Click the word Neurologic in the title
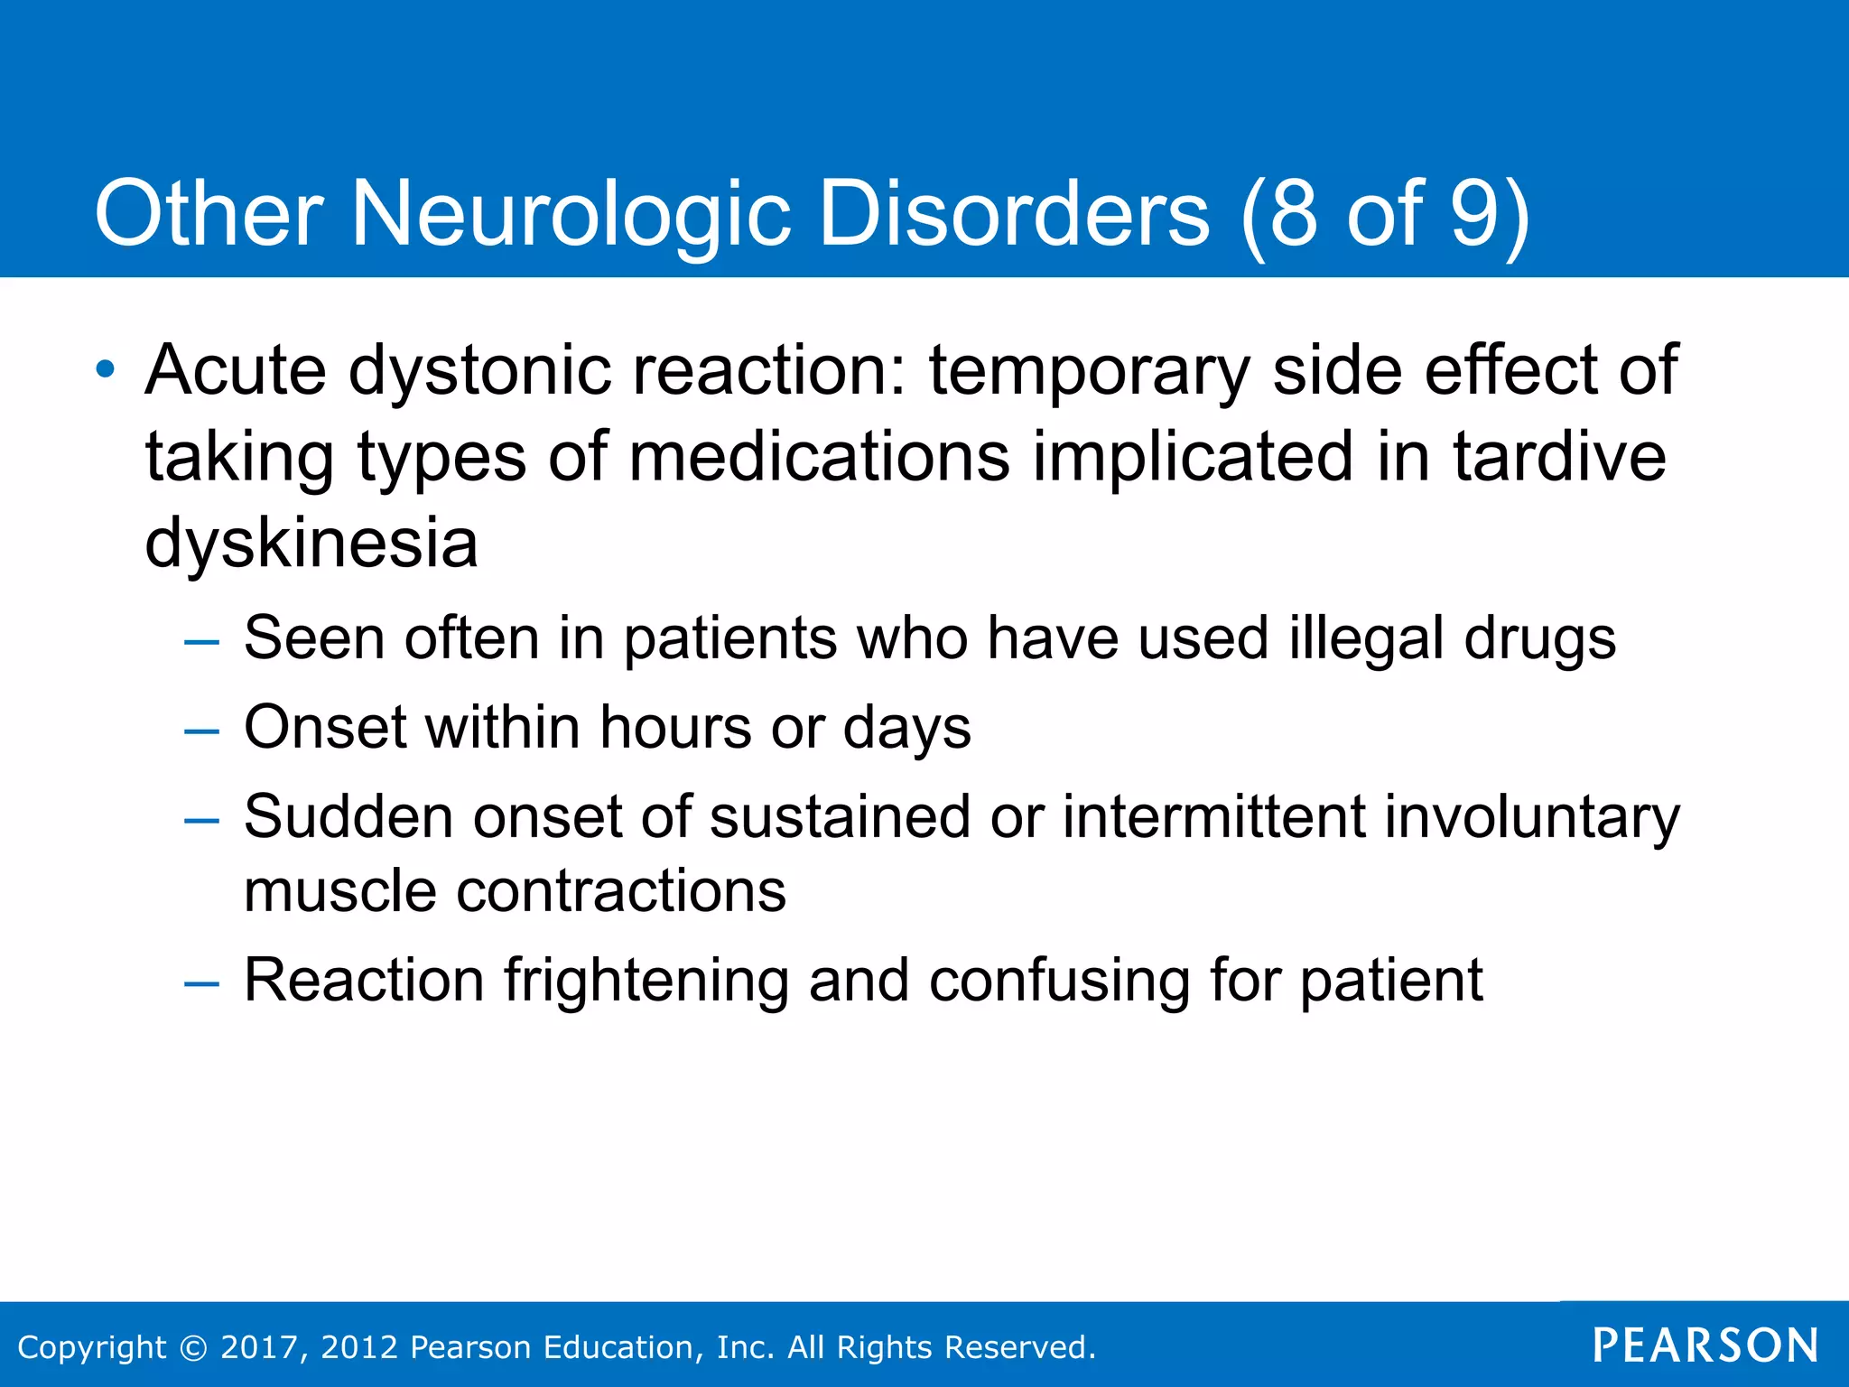pos(569,214)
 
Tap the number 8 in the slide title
pos(1293,214)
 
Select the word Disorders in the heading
pos(1014,214)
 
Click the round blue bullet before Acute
pos(107,369)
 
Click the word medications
pos(819,456)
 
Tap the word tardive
pos(1559,456)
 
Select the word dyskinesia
pos(311,543)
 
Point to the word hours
pos(675,727)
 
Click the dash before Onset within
pos(201,731)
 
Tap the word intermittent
pos(1213,816)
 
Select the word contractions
pos(621,891)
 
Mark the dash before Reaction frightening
pos(201,983)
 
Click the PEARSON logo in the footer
pos(1705,1345)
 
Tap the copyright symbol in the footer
pos(193,1347)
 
